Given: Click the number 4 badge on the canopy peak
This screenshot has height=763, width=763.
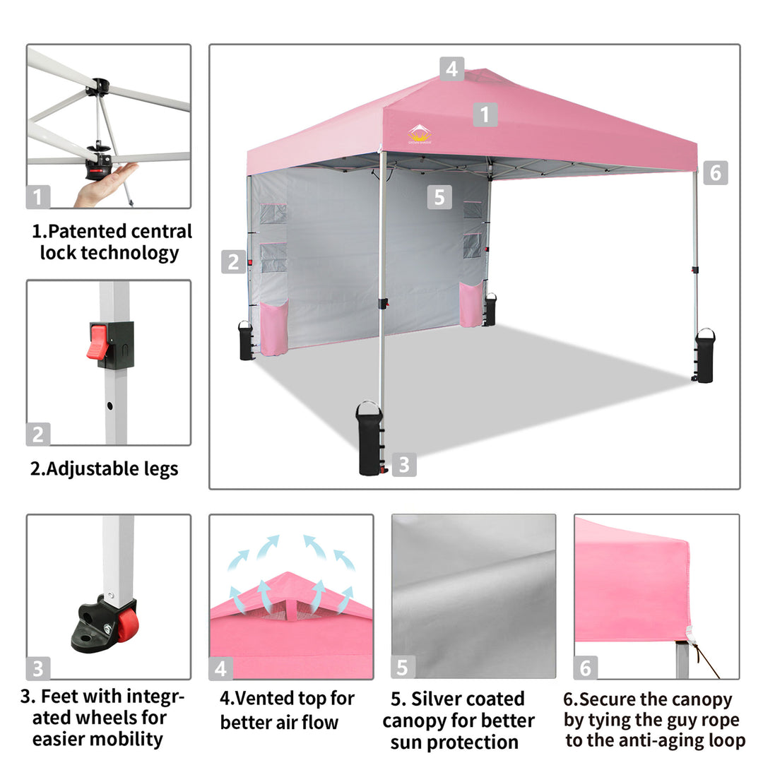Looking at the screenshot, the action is tap(451, 69).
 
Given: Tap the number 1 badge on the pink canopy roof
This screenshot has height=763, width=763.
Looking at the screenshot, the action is tap(485, 114).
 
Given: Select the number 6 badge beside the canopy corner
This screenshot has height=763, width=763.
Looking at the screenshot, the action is tap(715, 173).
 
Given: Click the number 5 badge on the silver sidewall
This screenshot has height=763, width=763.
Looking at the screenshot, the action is tap(439, 197).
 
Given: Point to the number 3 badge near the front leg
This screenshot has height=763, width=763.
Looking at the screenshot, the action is tap(404, 464).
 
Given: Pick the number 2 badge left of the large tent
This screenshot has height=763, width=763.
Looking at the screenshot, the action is tap(234, 262).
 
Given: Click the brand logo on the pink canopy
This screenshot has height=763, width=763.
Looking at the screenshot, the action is tap(420, 134).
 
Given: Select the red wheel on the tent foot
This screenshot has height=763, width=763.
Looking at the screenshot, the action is tap(127, 625).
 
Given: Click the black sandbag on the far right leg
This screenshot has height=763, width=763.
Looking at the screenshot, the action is tap(704, 355).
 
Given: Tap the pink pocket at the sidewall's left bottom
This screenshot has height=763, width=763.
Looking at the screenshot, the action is tap(274, 327).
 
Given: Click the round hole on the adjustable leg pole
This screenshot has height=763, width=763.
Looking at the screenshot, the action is tap(110, 406).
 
